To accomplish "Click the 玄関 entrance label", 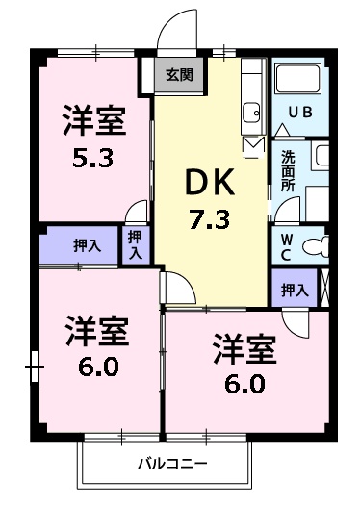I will coord(179,75).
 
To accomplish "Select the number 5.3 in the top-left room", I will coord(94,156).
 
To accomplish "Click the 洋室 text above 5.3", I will coord(94,121).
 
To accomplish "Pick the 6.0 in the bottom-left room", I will coord(94,366).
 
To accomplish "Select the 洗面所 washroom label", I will coord(288,171).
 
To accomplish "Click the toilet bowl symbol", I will coord(315,246).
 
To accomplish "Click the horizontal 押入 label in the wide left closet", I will coord(88,245).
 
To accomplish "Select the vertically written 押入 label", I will coord(135,244).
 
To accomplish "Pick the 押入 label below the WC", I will coord(295,289).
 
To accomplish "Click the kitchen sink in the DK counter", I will coord(251,113).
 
